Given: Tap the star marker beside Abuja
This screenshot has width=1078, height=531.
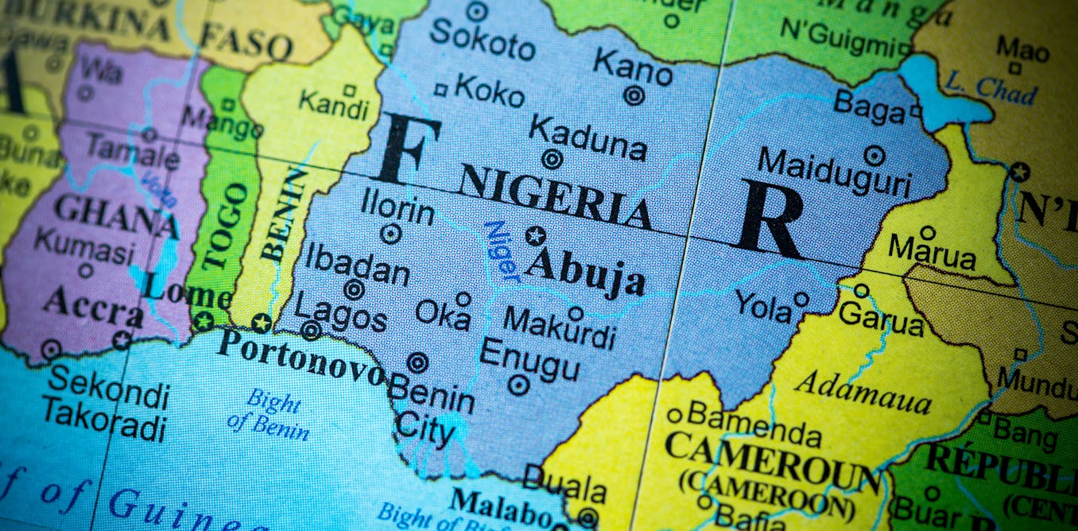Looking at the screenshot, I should [536, 236].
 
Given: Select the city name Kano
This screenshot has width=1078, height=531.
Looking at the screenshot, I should [632, 67].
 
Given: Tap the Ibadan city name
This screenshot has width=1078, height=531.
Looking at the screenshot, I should [357, 264].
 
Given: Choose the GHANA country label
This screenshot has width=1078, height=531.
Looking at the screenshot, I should [116, 216].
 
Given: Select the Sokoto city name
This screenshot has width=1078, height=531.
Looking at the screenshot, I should [482, 39].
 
